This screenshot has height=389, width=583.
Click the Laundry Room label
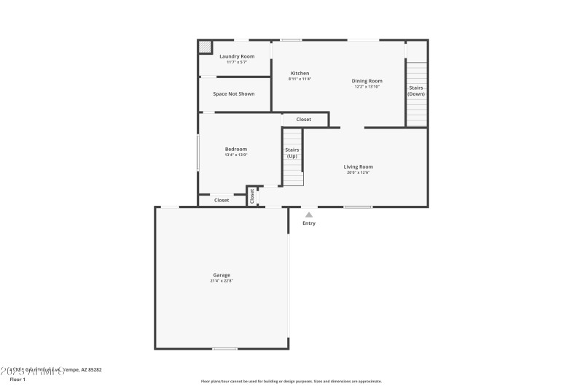237,56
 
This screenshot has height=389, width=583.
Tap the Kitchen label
300,73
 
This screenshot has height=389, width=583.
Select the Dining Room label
367,81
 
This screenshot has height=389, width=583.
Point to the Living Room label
359,166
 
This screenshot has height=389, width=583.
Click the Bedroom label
236,149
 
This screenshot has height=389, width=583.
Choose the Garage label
222,275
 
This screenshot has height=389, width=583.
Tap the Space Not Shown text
234,94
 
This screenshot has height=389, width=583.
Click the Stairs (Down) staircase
416,93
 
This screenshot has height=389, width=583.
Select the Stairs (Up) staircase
292,157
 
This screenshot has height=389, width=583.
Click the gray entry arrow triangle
309,215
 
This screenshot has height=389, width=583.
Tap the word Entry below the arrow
309,223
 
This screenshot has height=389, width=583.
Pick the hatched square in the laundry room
205,47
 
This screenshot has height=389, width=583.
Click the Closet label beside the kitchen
304,119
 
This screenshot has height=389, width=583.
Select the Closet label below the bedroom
222,200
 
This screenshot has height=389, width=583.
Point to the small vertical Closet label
253,196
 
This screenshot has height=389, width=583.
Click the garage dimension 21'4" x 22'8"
222,281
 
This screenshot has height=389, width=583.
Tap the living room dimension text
359,172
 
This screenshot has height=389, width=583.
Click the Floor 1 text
17,380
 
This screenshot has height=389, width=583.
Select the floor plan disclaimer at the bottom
291,381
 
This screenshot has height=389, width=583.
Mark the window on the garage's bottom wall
224,349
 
